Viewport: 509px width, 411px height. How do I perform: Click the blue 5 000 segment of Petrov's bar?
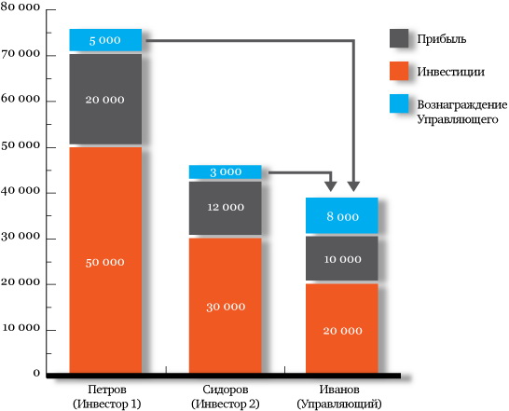pos(105,40)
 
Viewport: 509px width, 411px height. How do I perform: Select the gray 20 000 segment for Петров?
pos(105,99)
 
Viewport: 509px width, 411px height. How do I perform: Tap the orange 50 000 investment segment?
pos(105,260)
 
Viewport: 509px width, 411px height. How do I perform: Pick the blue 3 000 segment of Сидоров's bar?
pos(226,171)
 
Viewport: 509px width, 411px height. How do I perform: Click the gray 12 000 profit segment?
pos(226,208)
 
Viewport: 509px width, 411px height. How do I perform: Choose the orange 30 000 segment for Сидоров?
pos(226,306)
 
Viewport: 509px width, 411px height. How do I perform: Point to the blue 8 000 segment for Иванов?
pos(342,215)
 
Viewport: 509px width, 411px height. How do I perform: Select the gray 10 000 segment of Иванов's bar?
pos(342,258)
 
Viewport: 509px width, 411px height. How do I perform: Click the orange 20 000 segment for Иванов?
pos(342,329)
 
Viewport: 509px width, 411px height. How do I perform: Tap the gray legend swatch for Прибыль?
pos(399,38)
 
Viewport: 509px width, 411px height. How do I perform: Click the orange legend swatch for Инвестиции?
pos(399,71)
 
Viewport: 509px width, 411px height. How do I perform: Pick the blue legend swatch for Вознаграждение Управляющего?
pos(399,103)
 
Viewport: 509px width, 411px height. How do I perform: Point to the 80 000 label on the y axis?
pos(21,7)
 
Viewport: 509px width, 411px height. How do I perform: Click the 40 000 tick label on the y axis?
pos(21,190)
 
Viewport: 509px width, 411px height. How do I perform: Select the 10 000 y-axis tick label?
pos(21,328)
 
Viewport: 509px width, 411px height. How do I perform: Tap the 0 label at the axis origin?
pos(36,374)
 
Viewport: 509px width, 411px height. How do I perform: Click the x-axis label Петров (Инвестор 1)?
pos(107,396)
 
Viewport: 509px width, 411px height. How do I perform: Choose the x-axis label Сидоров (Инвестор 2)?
pos(226,396)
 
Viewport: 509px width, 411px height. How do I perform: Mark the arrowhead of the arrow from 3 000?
pos(331,186)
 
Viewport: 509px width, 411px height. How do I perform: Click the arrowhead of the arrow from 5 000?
pos(354,186)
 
